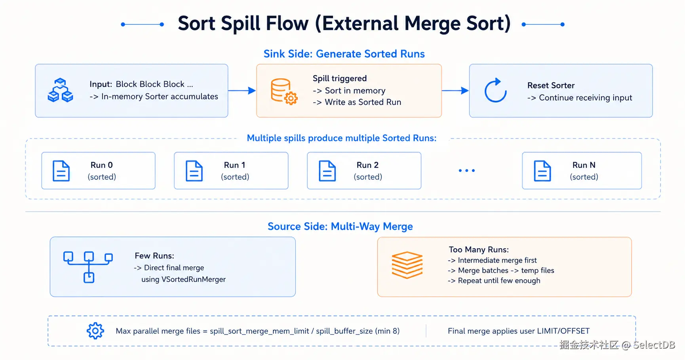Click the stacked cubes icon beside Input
(60, 90)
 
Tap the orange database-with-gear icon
(284, 91)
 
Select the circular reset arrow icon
(495, 91)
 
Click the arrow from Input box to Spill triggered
(242, 91)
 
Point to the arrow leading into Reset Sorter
(455, 91)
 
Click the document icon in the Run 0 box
(61, 171)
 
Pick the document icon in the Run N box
(542, 171)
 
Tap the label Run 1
(234, 165)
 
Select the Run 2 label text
(367, 165)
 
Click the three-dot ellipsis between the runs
(466, 171)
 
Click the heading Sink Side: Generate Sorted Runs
(344, 54)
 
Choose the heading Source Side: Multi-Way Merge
(340, 227)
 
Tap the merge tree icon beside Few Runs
(88, 267)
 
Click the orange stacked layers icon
(407, 265)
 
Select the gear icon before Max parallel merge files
(95, 331)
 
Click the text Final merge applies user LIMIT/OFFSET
(519, 331)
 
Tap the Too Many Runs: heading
(479, 250)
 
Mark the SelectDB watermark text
(654, 345)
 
